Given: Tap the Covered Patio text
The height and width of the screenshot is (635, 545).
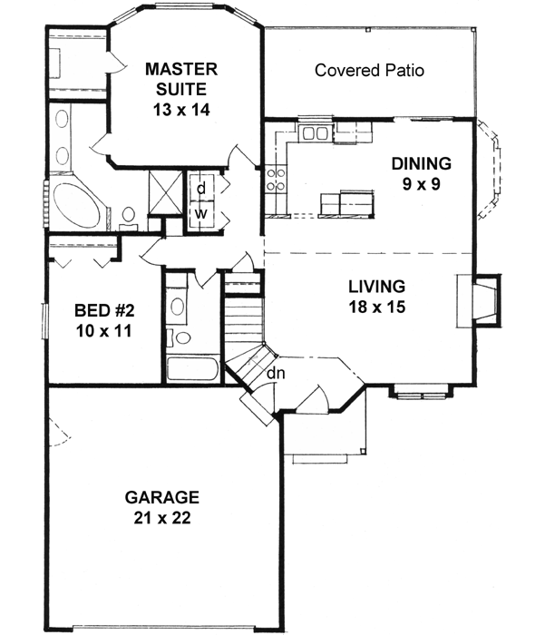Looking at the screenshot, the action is (x=369, y=71).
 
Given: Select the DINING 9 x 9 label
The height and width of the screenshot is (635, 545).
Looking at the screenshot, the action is (x=421, y=174).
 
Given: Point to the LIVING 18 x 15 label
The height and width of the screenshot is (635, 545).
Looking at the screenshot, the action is (x=376, y=297).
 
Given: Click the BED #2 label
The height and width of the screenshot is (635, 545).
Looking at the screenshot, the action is (x=104, y=311).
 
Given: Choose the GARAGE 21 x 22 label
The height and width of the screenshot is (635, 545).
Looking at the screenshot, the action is (x=162, y=507).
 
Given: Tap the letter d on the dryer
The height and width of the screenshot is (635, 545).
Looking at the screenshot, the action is (x=201, y=188).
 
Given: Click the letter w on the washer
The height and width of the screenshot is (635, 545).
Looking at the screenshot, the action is (x=200, y=213).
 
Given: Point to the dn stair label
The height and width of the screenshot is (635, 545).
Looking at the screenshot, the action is (x=276, y=373).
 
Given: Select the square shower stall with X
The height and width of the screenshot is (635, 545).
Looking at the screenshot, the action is (x=165, y=192).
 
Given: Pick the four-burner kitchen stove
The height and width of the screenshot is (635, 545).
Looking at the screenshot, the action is (x=276, y=180).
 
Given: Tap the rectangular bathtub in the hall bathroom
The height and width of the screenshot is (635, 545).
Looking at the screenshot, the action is (x=193, y=368).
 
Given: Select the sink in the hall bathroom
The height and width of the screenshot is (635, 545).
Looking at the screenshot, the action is (x=177, y=307).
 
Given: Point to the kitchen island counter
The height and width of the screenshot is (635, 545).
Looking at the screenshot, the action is (x=346, y=204).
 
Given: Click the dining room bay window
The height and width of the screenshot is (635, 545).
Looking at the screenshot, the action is (x=490, y=170).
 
